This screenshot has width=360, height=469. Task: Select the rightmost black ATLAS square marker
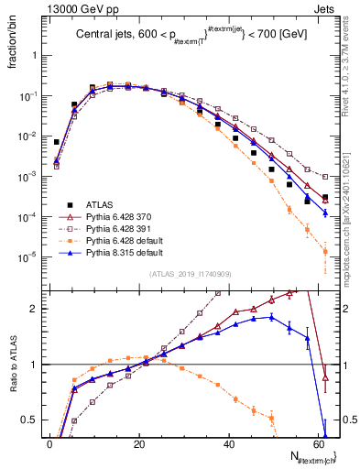[325, 197]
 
